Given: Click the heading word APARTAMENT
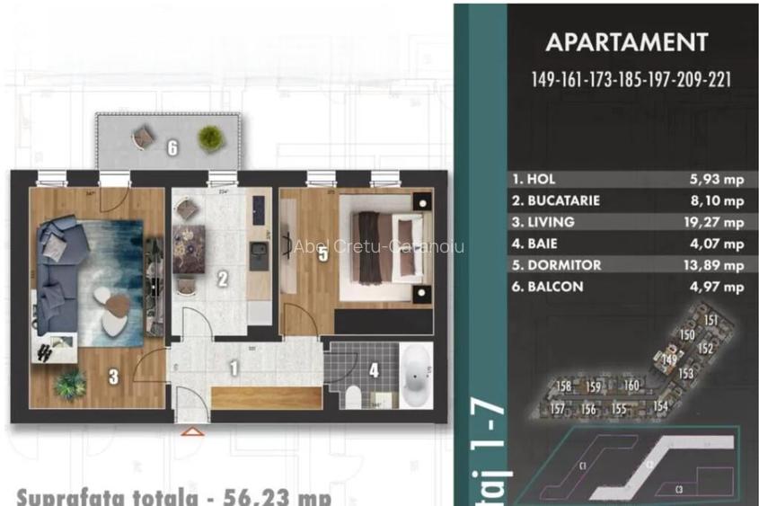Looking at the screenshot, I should coord(626,42).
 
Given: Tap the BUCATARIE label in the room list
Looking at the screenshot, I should coord(556,200).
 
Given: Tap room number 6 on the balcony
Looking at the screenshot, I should coord(172,147).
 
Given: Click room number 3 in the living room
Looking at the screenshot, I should coord(113,377).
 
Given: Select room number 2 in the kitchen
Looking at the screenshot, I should coord(221,279).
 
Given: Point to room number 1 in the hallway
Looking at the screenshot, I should coord(234,368).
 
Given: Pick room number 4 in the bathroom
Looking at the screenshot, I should coord(374,368).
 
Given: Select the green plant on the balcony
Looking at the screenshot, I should coord(210,138).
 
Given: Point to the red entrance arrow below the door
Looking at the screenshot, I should coord(190,431).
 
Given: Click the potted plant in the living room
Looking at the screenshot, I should coord(69,385).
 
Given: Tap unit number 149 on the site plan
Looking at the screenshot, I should coord(668,360).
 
